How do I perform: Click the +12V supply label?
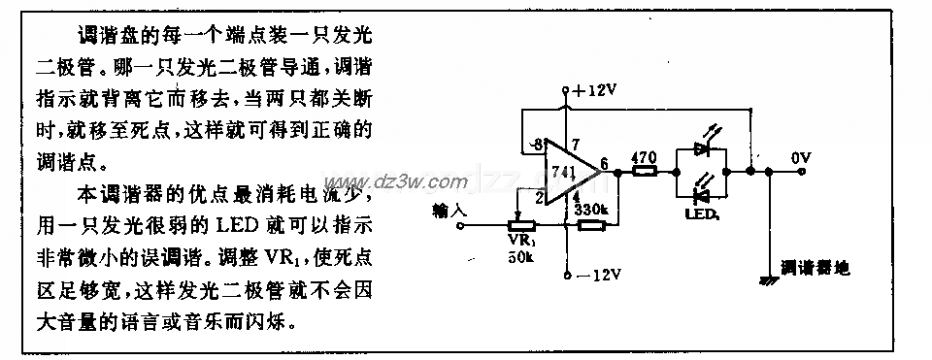[593, 90]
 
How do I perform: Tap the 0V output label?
[803, 155]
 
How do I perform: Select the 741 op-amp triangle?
[570, 175]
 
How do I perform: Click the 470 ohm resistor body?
[644, 172]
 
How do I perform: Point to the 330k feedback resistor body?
[591, 226]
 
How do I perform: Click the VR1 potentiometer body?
[516, 226]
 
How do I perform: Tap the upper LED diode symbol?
[704, 152]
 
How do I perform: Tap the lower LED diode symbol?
[704, 192]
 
